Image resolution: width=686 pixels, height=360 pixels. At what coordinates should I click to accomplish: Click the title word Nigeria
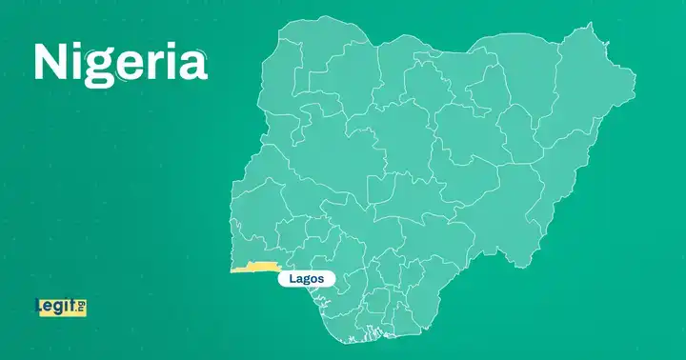(120, 62)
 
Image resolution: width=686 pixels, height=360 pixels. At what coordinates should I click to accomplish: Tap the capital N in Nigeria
(51, 62)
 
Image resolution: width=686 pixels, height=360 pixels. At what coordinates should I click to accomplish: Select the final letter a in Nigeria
(192, 63)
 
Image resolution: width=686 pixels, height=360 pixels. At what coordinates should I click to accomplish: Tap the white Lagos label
(307, 279)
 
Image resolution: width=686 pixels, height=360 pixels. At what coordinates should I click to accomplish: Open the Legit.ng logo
(60, 307)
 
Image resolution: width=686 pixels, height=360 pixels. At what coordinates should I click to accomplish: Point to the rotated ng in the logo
(82, 307)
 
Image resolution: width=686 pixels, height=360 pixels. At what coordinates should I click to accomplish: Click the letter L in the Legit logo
(39, 307)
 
